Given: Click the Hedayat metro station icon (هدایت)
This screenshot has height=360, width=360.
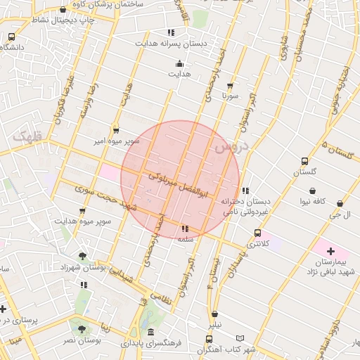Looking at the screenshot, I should tap(178, 63).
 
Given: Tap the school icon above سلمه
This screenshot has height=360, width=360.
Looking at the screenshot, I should tap(185, 229).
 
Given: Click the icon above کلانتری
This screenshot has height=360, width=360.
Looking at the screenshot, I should tap(257, 233).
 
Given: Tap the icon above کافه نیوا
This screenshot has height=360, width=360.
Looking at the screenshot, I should tap(312, 191).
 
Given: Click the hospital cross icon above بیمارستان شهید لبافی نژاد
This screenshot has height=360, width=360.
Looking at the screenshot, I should tap(330, 251).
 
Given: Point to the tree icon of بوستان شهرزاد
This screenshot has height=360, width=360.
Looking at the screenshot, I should tap(83, 257).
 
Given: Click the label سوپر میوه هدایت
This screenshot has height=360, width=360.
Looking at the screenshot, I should tap(84, 221).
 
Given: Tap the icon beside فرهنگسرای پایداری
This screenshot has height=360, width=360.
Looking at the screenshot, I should tap(150, 333).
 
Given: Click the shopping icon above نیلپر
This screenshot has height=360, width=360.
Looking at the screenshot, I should tap(214, 314).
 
